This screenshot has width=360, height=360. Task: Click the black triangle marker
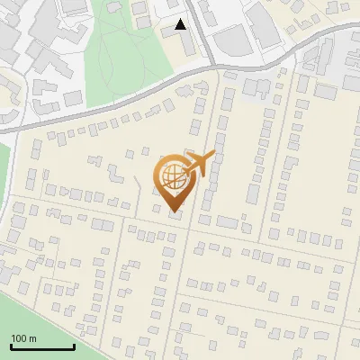point(181,24)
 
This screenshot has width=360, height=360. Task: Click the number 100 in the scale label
point(19,338)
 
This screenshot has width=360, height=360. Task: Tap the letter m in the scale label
point(31,338)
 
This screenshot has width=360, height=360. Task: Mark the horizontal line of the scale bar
point(42,347)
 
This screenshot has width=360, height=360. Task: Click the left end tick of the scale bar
point(11,346)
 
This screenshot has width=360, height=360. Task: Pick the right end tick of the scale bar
point(74,346)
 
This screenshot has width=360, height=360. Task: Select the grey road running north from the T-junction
point(202,27)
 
